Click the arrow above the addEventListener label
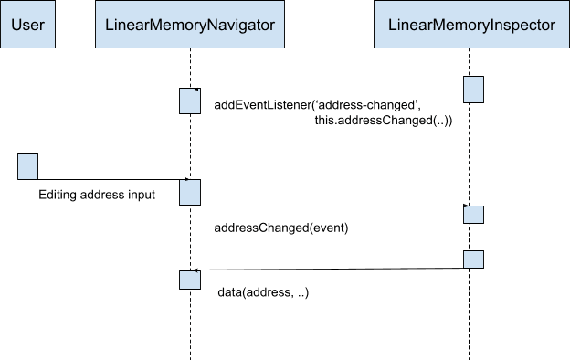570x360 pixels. pyautogui.click(x=329, y=90)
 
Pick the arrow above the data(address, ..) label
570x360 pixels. pyautogui.click(x=329, y=270)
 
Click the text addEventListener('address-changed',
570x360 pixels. pyautogui.click(x=317, y=105)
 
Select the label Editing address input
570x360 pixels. pyautogui.click(x=97, y=196)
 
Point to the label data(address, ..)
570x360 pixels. pyautogui.click(x=263, y=293)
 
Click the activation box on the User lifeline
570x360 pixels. pyautogui.click(x=27, y=166)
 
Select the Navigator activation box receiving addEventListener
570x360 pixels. pyautogui.click(x=189, y=101)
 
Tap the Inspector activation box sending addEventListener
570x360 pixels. pyautogui.click(x=473, y=90)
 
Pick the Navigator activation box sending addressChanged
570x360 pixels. pyautogui.click(x=189, y=192)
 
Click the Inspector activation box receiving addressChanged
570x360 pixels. pyautogui.click(x=473, y=214)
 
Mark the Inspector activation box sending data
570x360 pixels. pyautogui.click(x=473, y=259)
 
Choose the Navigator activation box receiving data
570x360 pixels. pyautogui.click(x=189, y=280)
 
